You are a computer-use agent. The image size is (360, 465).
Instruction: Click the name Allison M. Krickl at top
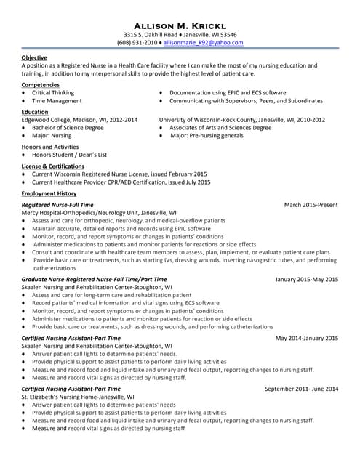(180, 23)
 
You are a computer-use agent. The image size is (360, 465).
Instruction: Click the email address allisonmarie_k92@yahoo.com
(203, 43)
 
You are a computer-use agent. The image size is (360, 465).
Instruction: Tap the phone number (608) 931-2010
(137, 43)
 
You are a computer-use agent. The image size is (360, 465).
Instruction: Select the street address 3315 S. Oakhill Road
(151, 34)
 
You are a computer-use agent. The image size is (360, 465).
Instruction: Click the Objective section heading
(34, 57)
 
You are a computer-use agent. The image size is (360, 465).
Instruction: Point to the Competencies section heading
(41, 85)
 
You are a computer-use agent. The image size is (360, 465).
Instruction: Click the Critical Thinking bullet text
(53, 93)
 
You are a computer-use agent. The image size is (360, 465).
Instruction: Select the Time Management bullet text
(57, 102)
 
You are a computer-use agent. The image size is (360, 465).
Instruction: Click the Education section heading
(35, 112)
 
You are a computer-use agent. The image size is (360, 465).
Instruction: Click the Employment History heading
(49, 194)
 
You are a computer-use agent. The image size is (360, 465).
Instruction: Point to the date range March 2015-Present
(311, 206)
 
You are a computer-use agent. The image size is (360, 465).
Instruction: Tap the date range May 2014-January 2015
(306, 338)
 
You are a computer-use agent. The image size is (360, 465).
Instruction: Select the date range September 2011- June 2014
(301, 389)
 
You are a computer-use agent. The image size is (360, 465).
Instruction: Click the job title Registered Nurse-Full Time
(57, 206)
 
